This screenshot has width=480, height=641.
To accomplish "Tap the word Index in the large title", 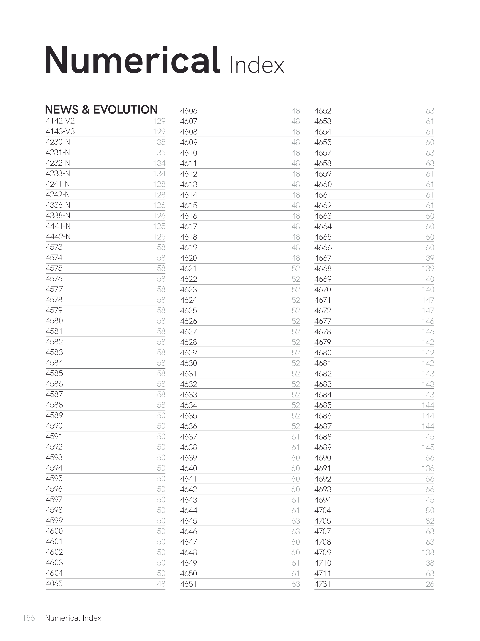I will click(x=257, y=66).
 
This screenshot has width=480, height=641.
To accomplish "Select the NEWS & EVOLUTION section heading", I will click(x=101, y=109).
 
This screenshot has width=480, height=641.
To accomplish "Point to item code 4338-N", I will click(x=58, y=216).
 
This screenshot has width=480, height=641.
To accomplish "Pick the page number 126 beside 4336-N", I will click(x=159, y=205).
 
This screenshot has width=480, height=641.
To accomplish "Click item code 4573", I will click(x=54, y=247).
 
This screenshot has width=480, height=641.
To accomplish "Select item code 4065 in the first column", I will click(x=54, y=584).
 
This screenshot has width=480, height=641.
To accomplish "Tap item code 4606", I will click(x=189, y=111).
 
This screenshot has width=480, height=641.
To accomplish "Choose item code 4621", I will click(x=188, y=268).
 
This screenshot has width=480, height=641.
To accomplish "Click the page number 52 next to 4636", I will click(x=295, y=426).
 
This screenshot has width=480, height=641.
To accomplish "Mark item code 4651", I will click(x=188, y=584).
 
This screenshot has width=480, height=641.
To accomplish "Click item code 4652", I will click(x=323, y=111).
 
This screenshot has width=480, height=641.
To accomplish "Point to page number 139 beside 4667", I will click(x=428, y=258).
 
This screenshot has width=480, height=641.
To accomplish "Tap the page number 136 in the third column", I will click(x=428, y=468).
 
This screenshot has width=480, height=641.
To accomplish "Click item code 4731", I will click(x=322, y=584).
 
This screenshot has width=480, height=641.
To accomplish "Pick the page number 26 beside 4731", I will click(x=430, y=584).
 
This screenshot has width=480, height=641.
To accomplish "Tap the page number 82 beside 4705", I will click(x=430, y=521).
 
